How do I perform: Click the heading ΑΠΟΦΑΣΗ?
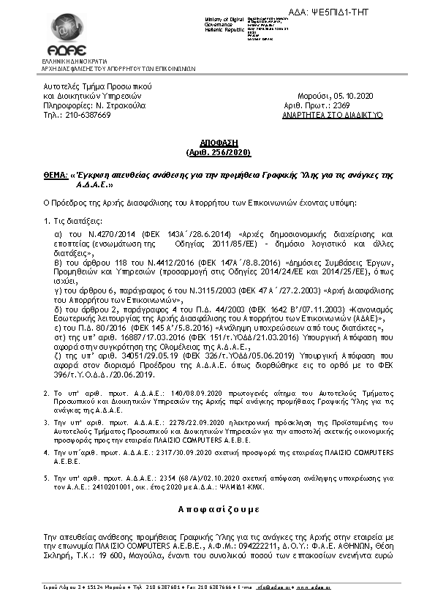(218, 143)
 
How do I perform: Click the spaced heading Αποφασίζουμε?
(218, 509)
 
